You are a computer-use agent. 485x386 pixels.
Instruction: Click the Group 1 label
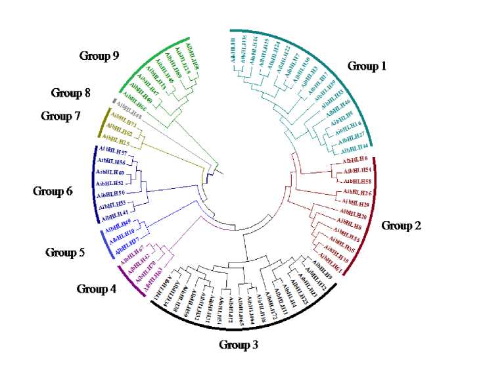tap(367, 66)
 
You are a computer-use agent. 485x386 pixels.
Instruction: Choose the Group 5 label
tap(64, 253)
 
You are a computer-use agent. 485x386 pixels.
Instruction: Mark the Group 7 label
tap(60, 116)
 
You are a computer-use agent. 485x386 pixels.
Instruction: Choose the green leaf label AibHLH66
tap(133, 107)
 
